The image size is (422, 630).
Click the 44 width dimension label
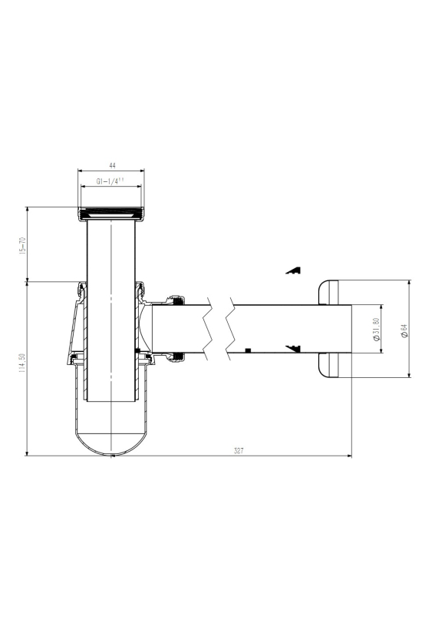[x=112, y=165]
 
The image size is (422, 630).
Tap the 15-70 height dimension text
[x=22, y=246]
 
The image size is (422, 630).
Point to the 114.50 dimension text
[x=21, y=363]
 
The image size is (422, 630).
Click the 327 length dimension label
[x=239, y=451]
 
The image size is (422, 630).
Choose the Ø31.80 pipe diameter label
[x=376, y=330]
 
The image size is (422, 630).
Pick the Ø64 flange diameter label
[x=404, y=330]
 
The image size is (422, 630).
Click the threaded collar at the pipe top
[x=111, y=214]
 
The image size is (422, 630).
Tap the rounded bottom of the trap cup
[x=111, y=444]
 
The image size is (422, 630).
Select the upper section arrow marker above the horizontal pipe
[x=294, y=270]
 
